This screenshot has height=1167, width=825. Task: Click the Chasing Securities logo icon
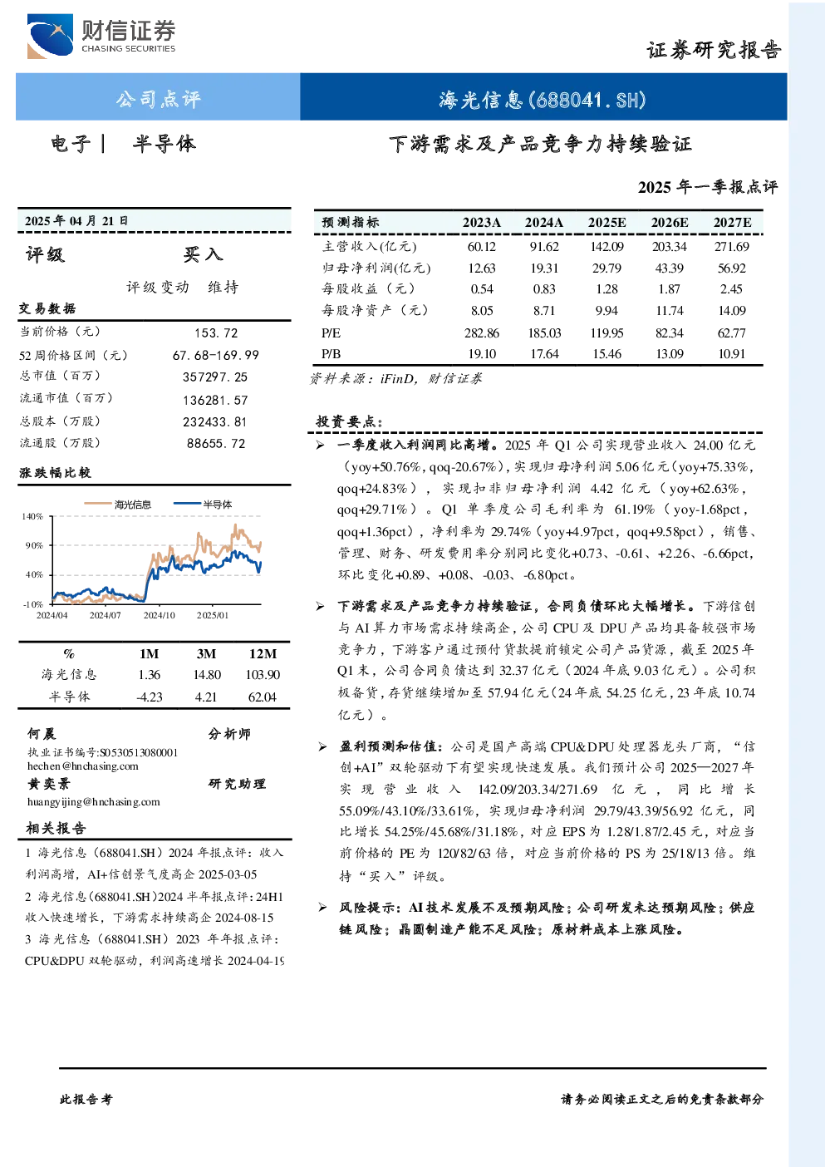click(50, 36)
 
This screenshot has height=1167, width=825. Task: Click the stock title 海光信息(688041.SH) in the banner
click(543, 99)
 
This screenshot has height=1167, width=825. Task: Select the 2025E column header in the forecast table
click(606, 223)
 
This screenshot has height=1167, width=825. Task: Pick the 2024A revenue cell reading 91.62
click(543, 246)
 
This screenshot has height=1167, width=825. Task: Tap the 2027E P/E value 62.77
click(732, 332)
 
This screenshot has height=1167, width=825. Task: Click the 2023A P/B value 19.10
click(482, 354)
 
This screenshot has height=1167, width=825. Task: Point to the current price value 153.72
click(216, 333)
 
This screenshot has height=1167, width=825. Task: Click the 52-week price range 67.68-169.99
click(216, 355)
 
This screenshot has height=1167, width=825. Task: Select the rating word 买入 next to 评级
click(203, 254)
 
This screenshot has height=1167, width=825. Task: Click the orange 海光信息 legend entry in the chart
click(118, 505)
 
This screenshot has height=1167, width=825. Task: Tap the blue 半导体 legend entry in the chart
click(203, 505)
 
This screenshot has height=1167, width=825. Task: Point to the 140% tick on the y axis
click(32, 516)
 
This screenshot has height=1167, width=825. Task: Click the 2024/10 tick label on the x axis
click(160, 615)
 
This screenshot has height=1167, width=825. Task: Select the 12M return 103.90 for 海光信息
click(263, 675)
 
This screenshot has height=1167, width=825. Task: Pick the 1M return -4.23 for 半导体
click(149, 697)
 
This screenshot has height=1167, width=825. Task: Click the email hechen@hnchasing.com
click(83, 766)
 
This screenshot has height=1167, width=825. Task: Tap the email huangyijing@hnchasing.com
click(94, 802)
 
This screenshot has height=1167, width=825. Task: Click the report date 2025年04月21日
click(76, 221)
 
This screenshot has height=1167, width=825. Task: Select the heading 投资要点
click(349, 421)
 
